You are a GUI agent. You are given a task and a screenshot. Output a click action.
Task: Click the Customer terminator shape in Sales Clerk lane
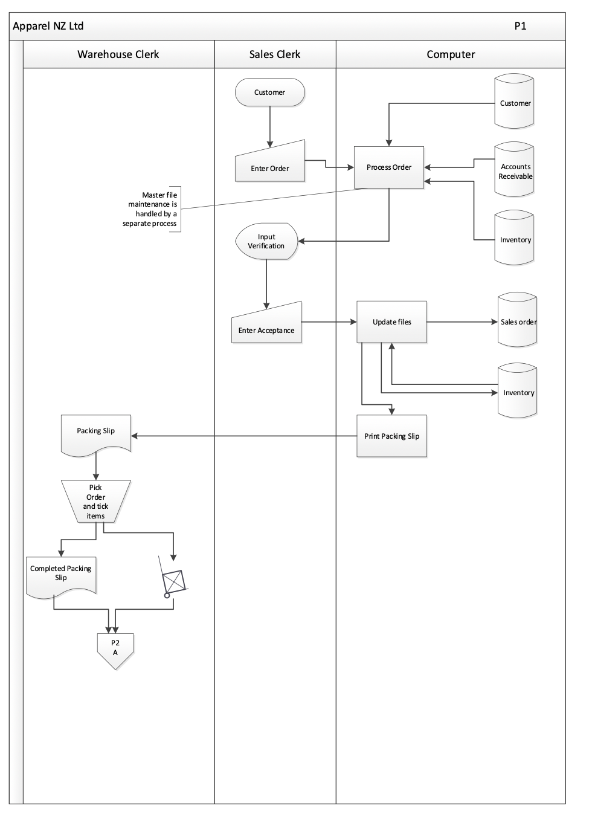click(x=269, y=92)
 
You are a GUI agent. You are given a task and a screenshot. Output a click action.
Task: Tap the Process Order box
click(x=389, y=167)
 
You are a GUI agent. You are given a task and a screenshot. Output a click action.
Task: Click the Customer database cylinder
click(x=514, y=102)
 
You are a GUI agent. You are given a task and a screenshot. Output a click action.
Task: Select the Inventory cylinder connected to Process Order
click(x=514, y=239)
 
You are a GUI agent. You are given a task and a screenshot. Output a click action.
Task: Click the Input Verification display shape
click(x=266, y=242)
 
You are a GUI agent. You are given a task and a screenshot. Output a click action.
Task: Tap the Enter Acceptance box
click(x=266, y=325)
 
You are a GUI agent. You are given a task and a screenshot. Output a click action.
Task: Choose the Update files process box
click(x=391, y=322)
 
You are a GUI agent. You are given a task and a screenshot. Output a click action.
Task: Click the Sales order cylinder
click(x=517, y=321)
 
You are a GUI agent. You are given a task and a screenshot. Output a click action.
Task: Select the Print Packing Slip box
click(x=391, y=436)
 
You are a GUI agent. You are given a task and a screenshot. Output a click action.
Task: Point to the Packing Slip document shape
click(x=96, y=432)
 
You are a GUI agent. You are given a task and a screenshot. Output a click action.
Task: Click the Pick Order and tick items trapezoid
click(x=95, y=502)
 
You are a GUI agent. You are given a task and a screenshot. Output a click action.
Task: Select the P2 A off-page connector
click(x=115, y=649)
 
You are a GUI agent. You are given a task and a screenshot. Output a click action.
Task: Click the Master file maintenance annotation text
click(x=151, y=209)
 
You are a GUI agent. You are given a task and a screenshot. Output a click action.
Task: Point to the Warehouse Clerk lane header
click(x=118, y=54)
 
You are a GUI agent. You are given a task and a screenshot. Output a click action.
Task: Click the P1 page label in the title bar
click(x=520, y=26)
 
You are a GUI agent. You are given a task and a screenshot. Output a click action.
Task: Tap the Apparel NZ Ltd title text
click(x=48, y=26)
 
